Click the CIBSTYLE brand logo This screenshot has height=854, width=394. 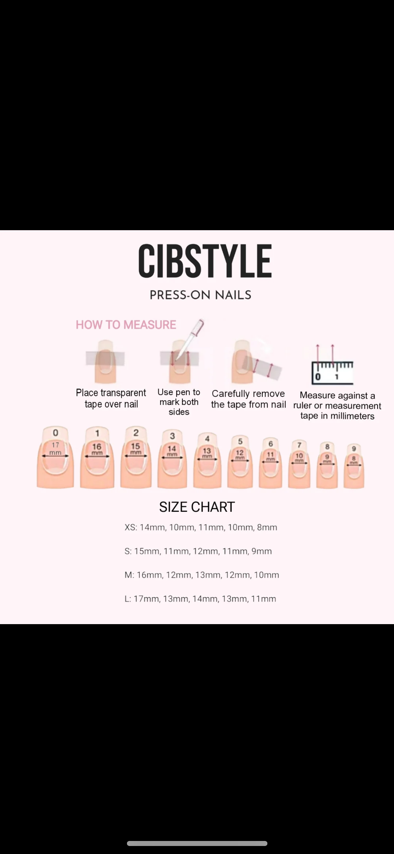tap(205, 261)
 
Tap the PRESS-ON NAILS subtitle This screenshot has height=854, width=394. tap(201, 295)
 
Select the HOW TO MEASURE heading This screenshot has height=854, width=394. tap(126, 325)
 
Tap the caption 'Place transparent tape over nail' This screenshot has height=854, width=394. tap(111, 398)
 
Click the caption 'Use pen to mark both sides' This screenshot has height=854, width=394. tap(179, 402)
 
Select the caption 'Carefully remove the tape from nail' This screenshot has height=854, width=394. tap(248, 399)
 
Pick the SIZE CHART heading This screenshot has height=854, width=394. tap(197, 507)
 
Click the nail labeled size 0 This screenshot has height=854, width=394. tap(55, 458)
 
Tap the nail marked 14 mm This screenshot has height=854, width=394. tap(172, 460)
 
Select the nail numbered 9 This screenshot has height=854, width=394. tap(354, 466)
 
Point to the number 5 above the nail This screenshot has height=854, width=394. tap(240, 441)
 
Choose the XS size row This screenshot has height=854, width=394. tap(201, 527)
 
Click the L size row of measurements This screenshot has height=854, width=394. tap(200, 599)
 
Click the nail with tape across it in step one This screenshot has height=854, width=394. tap(105, 361)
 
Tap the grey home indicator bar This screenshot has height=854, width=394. tap(197, 843)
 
